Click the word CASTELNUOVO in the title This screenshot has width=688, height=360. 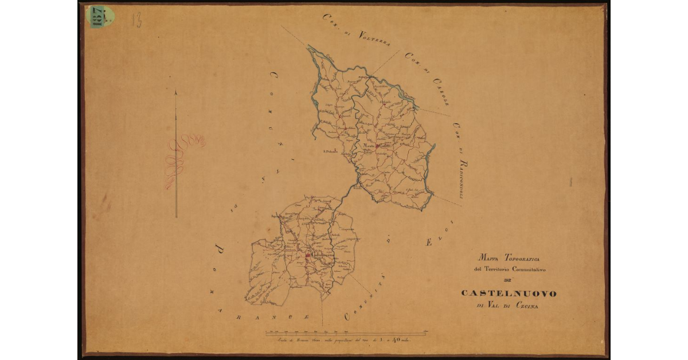508,294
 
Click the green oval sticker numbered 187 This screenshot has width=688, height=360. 100,16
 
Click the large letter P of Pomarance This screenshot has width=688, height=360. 218,249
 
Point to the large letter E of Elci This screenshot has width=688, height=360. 428,243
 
